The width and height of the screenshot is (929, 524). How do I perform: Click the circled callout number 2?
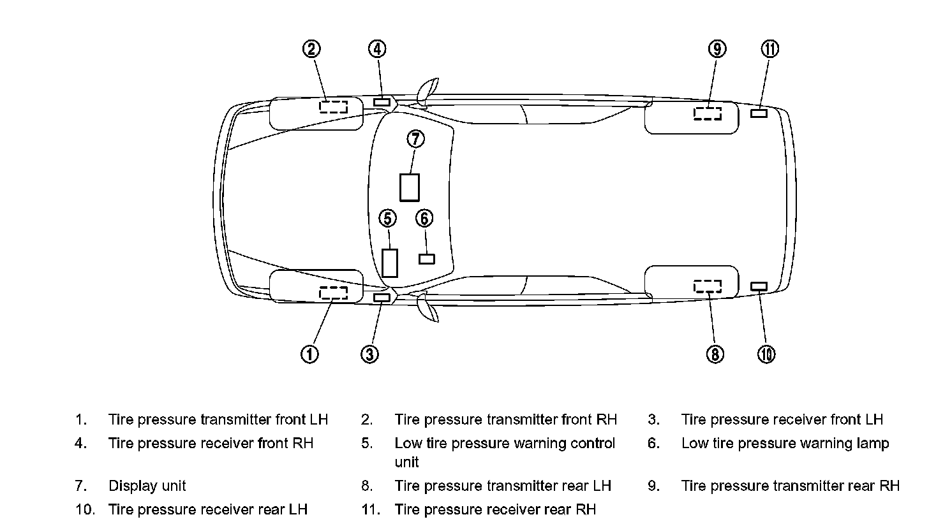click(311, 49)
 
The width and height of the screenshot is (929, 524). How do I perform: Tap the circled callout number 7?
click(415, 138)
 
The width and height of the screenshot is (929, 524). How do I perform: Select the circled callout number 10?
click(766, 354)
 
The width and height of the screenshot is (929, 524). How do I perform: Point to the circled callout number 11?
click(770, 49)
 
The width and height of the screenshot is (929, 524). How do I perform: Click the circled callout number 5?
click(387, 219)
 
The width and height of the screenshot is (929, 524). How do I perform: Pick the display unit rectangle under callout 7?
click(410, 187)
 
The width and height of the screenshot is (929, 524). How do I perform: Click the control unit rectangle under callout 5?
click(389, 263)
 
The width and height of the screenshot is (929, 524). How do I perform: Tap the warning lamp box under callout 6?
click(426, 259)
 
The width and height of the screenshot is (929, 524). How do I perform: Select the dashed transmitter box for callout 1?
click(333, 293)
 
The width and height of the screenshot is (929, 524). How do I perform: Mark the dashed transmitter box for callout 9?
click(708, 113)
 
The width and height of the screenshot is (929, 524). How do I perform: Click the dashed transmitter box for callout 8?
click(708, 286)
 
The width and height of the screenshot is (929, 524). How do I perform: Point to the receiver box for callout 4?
click(382, 102)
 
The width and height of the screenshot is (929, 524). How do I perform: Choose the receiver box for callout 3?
click(382, 298)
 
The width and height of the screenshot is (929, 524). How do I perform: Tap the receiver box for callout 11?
click(759, 113)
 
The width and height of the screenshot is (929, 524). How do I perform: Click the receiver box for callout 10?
click(759, 286)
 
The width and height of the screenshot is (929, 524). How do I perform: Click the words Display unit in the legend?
click(147, 486)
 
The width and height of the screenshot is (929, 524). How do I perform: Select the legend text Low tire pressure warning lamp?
click(785, 443)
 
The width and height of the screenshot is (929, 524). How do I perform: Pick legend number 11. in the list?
click(370, 509)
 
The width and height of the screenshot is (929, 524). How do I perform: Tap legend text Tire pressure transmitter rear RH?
click(790, 486)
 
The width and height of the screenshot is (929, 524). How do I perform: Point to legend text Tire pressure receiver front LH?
click(782, 419)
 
